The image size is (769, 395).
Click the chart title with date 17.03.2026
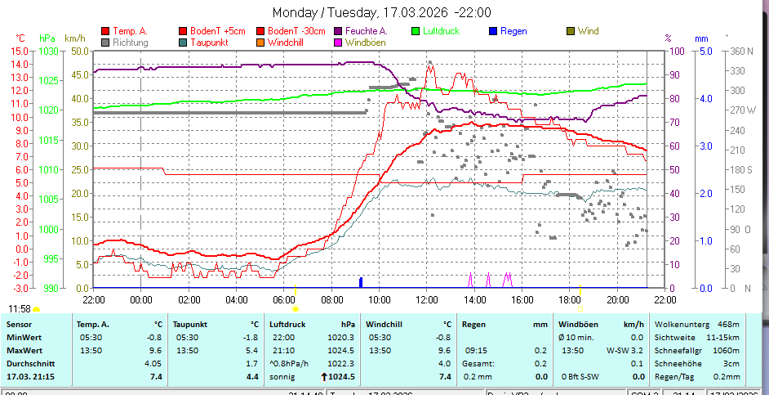382,12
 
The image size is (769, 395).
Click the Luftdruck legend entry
441,31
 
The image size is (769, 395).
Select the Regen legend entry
513,31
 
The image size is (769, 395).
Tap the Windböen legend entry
360,42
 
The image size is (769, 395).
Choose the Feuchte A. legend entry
366,31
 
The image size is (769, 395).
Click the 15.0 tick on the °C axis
20,51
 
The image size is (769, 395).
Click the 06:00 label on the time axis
283,300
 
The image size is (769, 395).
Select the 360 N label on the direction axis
740,51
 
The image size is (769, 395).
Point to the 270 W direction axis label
740,110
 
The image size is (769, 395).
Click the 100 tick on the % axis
677,51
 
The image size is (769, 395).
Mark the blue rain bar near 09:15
361,282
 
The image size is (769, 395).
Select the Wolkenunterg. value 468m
728,324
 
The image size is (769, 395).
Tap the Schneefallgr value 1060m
726,350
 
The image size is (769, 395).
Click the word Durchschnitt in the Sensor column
31,363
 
